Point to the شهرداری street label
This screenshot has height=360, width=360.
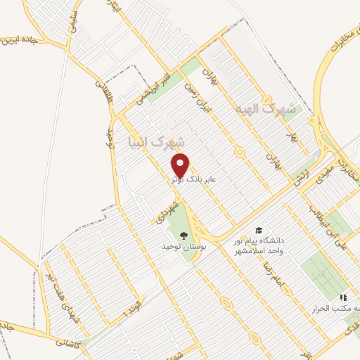click(160, 209)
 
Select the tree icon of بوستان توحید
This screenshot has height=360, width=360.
click(184, 235)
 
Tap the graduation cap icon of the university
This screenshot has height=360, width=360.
click(259, 230)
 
